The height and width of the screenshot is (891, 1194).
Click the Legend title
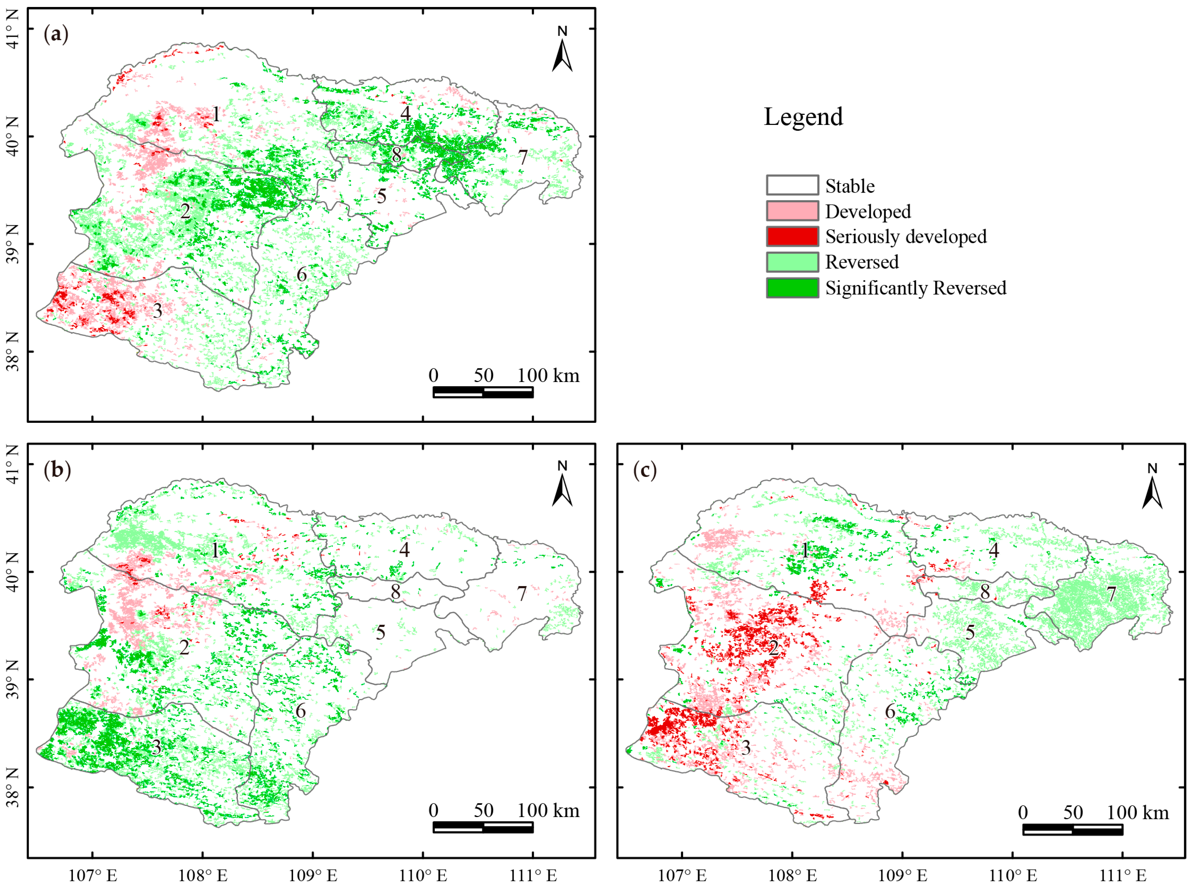coord(803,117)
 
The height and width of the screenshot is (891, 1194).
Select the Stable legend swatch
coord(792,185)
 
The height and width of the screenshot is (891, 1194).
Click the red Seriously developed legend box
coord(792,236)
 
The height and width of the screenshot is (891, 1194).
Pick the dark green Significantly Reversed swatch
coord(792,287)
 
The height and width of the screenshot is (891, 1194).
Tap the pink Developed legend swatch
coord(792,211)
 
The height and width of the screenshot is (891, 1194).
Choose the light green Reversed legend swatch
coord(792,262)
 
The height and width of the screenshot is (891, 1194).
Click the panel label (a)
coord(56,35)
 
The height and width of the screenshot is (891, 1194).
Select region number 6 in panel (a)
coord(301,275)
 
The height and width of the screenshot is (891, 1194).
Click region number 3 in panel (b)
coord(156,747)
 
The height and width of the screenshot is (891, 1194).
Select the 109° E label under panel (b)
coord(313,875)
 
